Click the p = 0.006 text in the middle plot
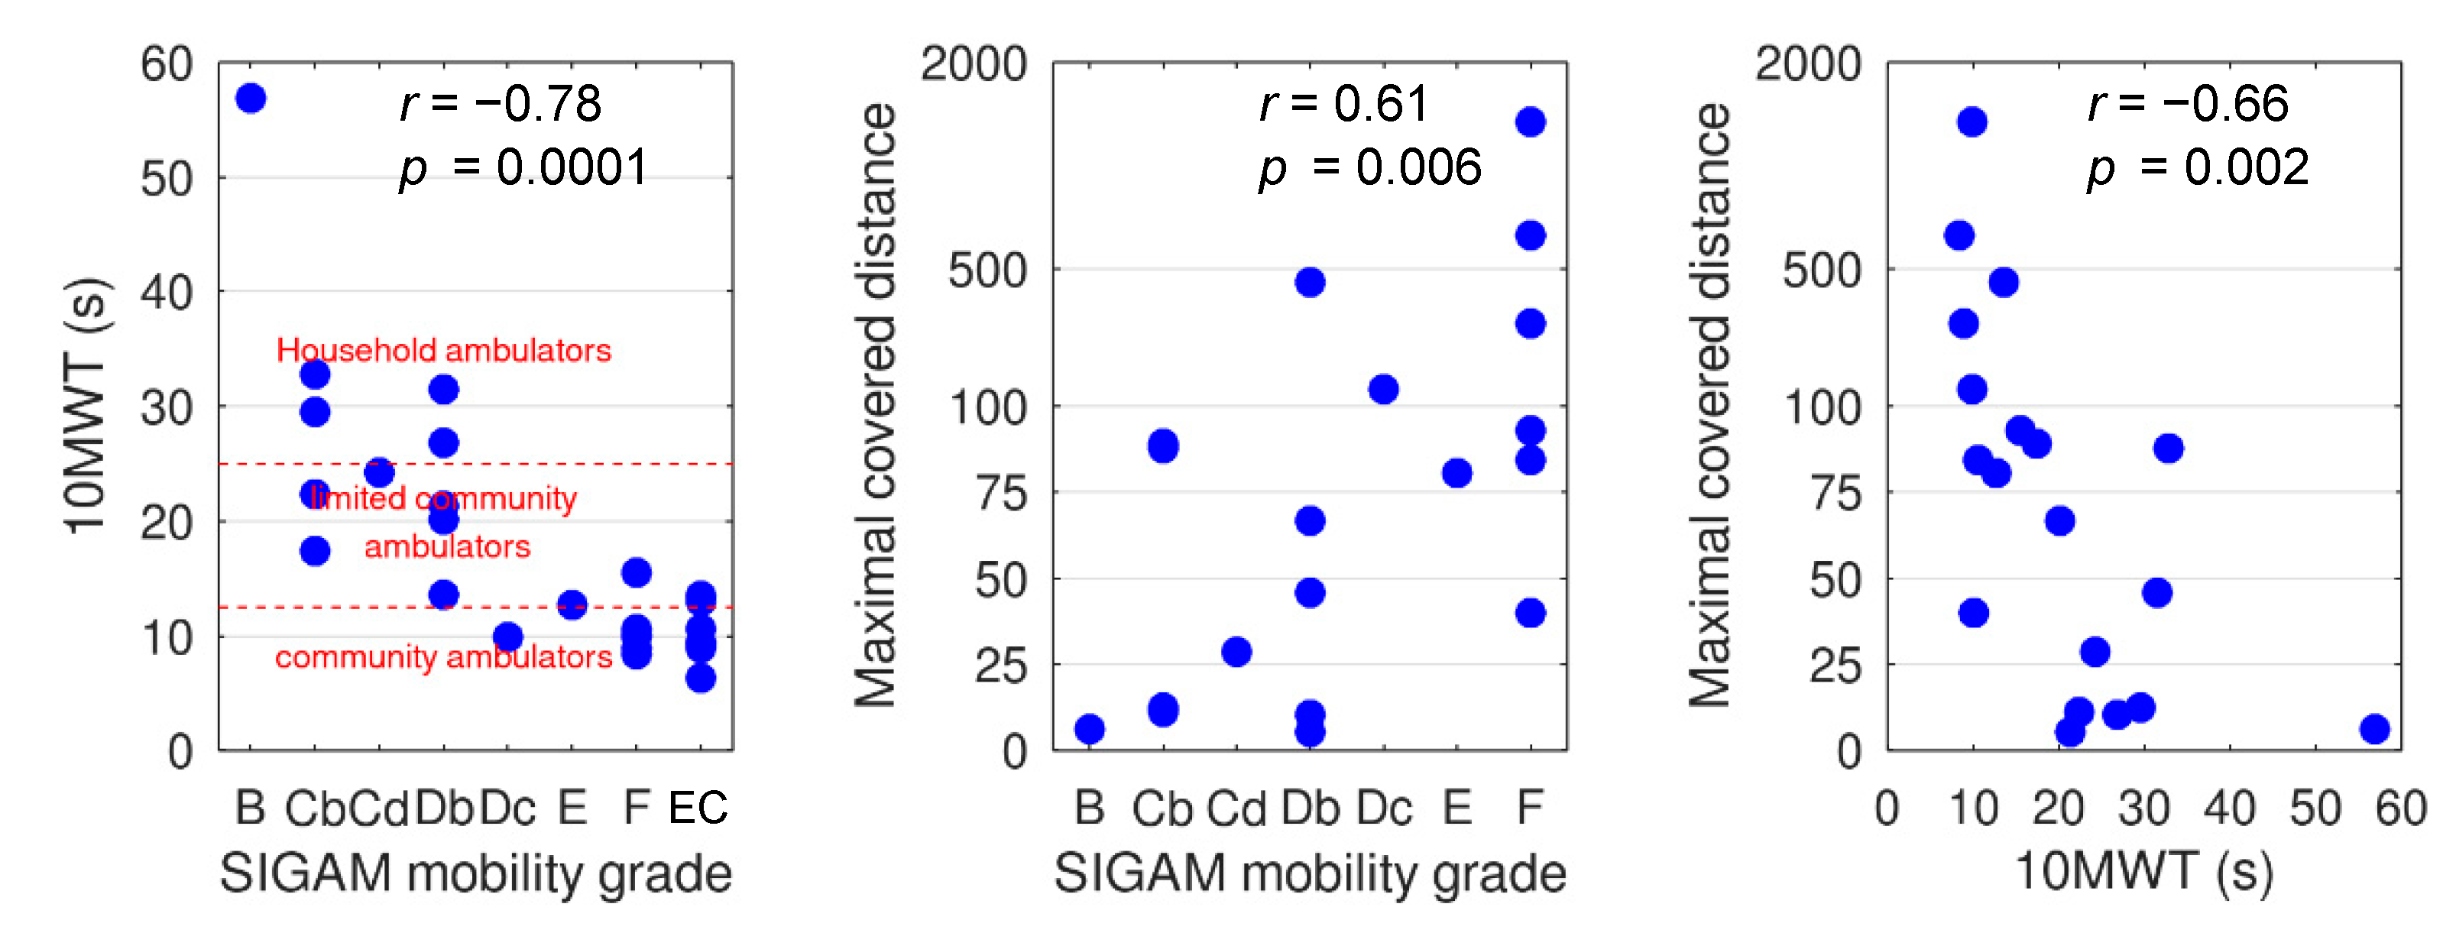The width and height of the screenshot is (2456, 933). click(1370, 168)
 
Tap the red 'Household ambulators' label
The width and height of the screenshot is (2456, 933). click(443, 350)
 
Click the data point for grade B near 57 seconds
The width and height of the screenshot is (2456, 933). click(251, 98)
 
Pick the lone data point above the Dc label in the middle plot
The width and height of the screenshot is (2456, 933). click(1383, 389)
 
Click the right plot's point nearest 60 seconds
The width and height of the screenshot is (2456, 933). click(2375, 729)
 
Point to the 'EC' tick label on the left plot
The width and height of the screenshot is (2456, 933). click(698, 808)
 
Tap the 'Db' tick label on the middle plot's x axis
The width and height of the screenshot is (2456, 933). click(1310, 808)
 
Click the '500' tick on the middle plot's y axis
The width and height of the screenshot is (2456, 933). click(987, 271)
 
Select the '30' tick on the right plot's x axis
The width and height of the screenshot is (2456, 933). click(2143, 808)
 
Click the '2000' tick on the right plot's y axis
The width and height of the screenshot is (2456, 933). click(1808, 64)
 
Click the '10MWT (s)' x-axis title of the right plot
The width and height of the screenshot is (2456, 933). click(2143, 872)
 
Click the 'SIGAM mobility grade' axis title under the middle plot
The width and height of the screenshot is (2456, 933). click(1310, 872)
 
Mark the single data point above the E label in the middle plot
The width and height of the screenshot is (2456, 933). click(1456, 473)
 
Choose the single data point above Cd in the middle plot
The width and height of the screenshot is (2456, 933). click(1236, 652)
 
